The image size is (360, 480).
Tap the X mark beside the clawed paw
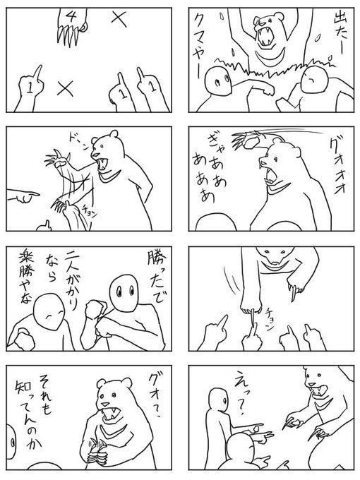click(119, 18)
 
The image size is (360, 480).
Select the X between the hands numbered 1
click(65, 88)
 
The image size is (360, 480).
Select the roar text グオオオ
click(338, 167)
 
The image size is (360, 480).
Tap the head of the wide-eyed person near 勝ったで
click(124, 293)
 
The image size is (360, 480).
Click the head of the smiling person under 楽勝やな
click(49, 311)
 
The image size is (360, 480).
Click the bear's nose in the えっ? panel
click(311, 383)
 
